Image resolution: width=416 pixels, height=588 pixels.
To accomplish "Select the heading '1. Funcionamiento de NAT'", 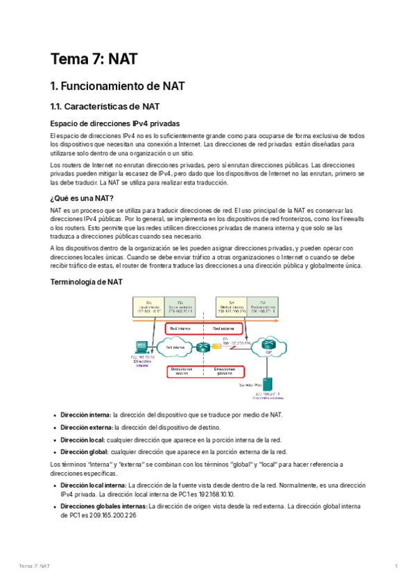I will click(x=117, y=87).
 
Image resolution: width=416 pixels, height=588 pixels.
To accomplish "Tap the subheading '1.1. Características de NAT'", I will click(x=105, y=107).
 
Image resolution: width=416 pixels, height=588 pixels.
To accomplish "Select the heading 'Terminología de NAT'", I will click(x=87, y=282).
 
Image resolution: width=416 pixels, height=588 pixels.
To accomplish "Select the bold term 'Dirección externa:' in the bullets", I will click(x=87, y=427).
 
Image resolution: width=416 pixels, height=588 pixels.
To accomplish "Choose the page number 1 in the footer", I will click(x=396, y=567).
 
